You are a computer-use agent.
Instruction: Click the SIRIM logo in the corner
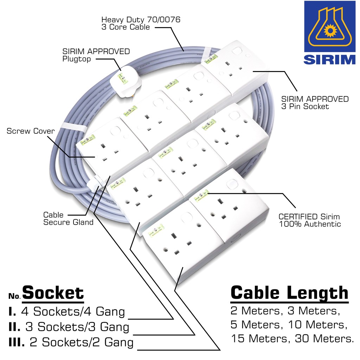330,33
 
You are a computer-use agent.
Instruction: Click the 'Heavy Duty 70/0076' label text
141,20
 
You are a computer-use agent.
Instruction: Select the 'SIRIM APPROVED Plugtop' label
96,55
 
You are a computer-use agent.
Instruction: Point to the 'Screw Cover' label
31,131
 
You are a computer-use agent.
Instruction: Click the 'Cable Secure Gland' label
68,218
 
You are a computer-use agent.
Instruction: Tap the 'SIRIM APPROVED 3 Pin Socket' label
315,103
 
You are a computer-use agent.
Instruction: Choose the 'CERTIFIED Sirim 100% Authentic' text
309,220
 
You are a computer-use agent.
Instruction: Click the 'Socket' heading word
53,293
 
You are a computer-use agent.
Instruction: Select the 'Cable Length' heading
289,293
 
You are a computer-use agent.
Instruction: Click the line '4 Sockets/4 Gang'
73,311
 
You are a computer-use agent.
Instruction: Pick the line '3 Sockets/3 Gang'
77,327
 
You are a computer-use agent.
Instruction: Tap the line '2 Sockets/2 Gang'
81,342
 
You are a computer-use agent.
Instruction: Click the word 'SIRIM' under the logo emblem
330,59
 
